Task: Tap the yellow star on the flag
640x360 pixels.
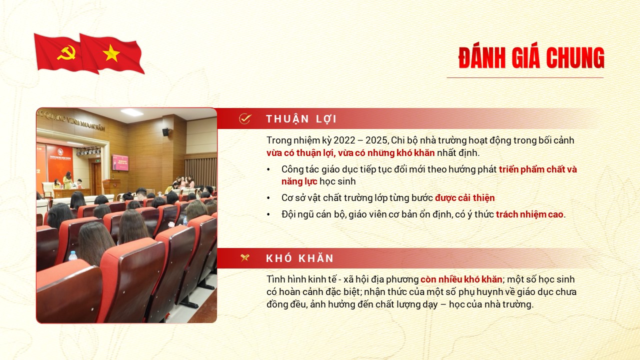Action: point(111,53)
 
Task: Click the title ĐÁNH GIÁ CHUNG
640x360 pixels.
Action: point(531,58)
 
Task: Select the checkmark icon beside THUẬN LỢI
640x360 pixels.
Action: point(244,118)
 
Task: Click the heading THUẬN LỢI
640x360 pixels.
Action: point(301,119)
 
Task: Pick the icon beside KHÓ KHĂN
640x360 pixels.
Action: point(244,258)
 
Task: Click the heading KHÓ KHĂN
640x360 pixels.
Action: point(299,258)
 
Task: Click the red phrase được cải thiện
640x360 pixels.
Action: point(464,197)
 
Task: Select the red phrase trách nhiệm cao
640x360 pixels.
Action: point(529,214)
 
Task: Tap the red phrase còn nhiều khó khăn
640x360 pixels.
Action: point(461,279)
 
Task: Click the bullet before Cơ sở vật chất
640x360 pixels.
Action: point(269,198)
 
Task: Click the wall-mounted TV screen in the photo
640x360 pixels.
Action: point(120,162)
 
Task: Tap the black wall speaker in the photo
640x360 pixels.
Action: point(165,132)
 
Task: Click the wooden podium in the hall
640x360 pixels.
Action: point(111,185)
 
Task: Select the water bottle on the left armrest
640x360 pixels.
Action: point(73,255)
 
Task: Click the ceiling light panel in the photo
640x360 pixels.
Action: point(131,113)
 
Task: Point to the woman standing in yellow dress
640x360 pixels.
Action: point(67,180)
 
